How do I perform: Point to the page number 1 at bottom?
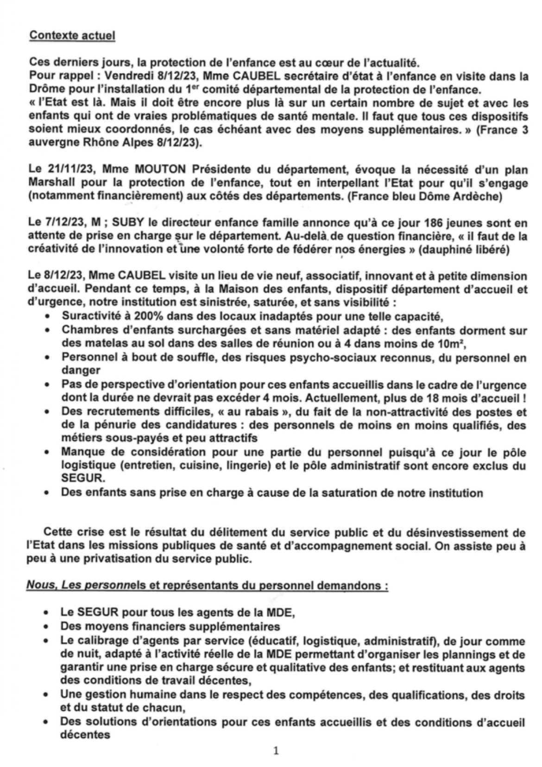tap(276, 750)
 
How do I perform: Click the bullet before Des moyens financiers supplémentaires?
tap(46, 627)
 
